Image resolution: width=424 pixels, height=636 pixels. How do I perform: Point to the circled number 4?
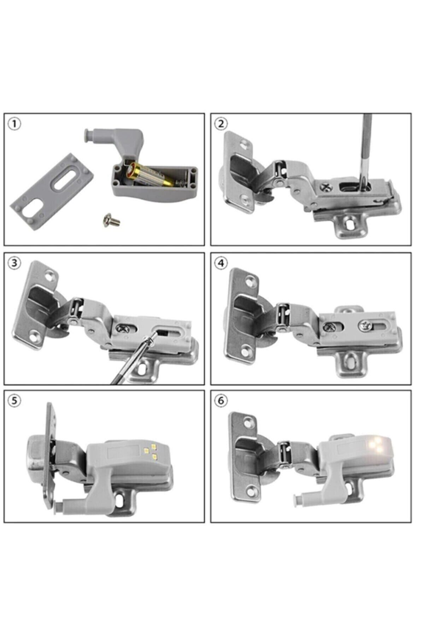point(222,263)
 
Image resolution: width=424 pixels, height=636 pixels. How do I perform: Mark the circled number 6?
point(222,401)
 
